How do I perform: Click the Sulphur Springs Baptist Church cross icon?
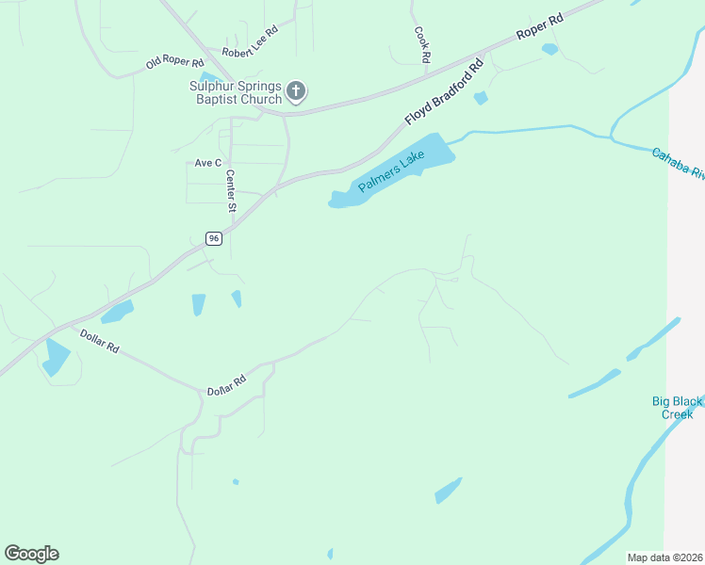coord(296,90)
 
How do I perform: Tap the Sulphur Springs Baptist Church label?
coord(236,92)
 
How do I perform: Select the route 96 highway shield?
coord(215,239)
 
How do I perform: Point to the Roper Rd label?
coord(540,27)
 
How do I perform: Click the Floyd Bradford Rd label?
coord(443,92)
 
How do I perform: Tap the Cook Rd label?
coord(422,44)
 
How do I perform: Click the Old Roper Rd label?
coord(174,63)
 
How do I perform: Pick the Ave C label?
coord(207,163)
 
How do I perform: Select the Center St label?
coord(230,190)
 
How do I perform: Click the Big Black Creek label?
coord(677,408)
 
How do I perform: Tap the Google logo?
coord(31,554)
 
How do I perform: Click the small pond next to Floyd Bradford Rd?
coord(481,98)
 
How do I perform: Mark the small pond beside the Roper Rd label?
coord(549,49)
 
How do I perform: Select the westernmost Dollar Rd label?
coord(99,341)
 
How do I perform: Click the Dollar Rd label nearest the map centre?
coord(226,384)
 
